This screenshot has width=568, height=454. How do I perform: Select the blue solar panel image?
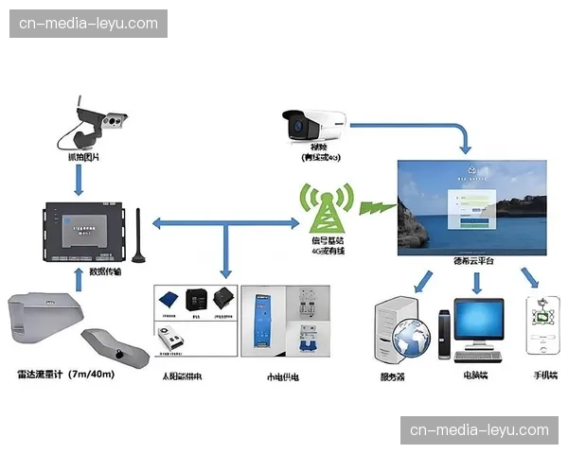coord(169,298)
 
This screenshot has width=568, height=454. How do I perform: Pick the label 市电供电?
coord(283,376)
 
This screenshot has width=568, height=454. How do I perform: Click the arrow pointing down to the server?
coord(421,280)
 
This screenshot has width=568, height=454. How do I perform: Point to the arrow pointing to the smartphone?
coord(530,278)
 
